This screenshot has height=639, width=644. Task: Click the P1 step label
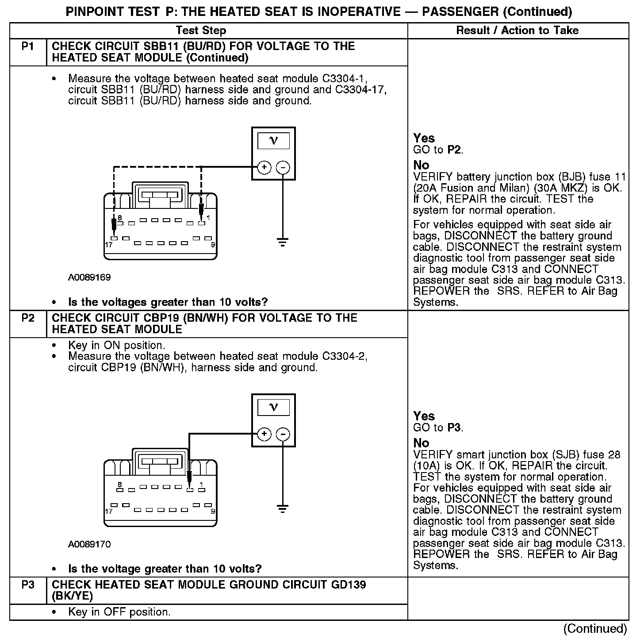27,46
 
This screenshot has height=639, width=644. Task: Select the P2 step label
27,318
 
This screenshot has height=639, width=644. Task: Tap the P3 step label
27,585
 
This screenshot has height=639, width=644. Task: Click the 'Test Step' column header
201,30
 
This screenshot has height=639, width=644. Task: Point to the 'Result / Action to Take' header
517,30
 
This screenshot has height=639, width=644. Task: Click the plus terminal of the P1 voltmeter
264,167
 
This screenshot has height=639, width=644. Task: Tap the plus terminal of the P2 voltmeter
264,434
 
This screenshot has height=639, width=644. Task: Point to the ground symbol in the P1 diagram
283,242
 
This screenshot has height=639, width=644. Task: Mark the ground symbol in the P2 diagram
283,508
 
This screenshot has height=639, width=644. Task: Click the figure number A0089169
89,277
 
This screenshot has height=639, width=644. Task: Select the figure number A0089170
89,544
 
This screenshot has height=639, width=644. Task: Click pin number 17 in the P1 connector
108,245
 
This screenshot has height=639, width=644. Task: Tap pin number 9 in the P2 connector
213,511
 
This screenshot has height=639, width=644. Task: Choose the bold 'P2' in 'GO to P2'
454,150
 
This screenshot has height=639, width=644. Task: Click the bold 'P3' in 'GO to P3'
454,427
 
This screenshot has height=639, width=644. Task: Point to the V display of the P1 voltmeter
273,141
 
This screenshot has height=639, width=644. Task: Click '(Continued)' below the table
595,628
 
